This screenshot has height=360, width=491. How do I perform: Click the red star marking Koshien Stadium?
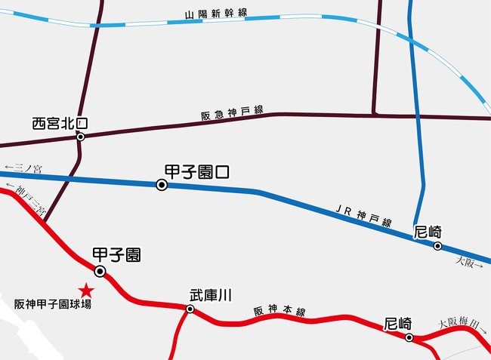tap(87, 289)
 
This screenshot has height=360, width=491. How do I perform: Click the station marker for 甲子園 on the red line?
tap(100, 272)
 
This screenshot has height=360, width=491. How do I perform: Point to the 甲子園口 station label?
tap(196, 172)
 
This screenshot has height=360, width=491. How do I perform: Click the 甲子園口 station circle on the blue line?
tap(161, 185)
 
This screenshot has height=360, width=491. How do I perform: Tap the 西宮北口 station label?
tap(60, 123)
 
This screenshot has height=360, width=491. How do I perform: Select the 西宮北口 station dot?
tap(80, 137)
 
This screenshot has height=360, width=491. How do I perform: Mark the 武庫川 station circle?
tap(190, 309)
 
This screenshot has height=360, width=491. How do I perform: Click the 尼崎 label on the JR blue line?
tap(428, 232)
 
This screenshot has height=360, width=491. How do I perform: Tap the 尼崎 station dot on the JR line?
tap(437, 246)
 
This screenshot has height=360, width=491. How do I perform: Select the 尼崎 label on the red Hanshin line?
tap(397, 324)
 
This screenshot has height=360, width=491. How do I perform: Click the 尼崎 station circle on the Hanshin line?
tap(409, 338)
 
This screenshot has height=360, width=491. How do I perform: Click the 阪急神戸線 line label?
tap(231, 112)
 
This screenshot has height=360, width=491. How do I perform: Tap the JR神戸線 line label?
tap(363, 215)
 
